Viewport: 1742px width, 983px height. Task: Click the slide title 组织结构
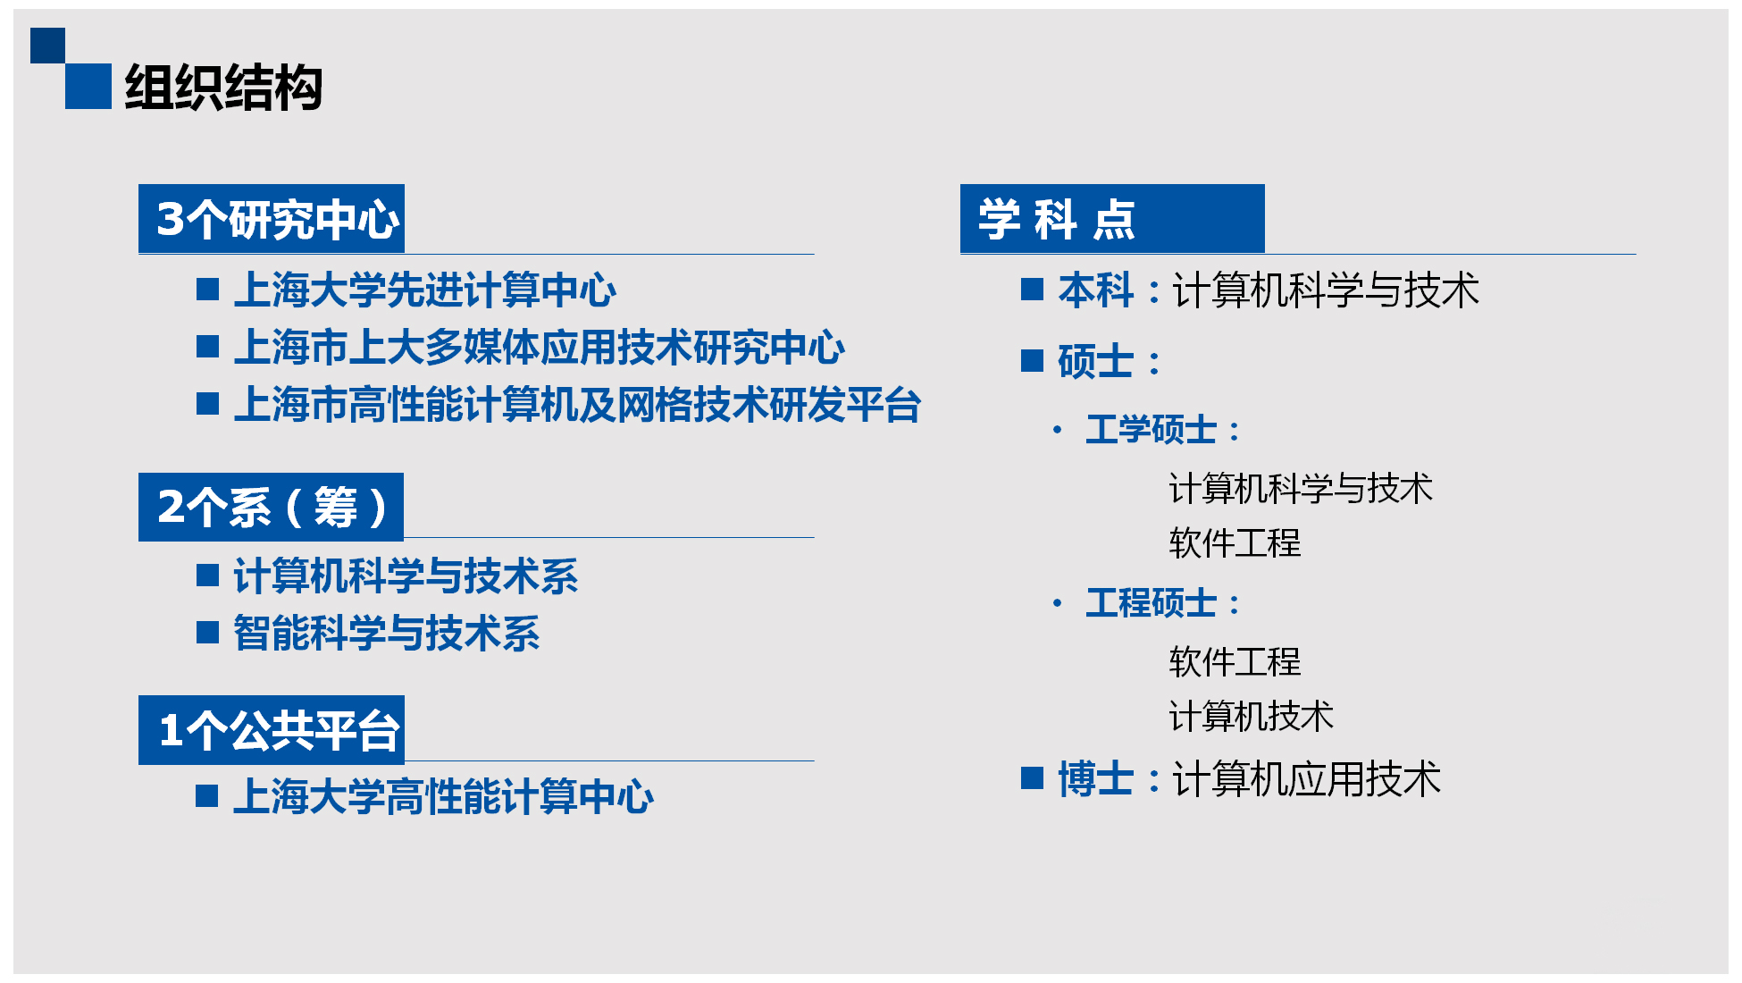pos(223,88)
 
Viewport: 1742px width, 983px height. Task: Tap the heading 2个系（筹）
pos(271,507)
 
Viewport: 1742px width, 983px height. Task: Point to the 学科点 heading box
pos(1112,219)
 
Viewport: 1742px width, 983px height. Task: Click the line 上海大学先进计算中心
pos(425,290)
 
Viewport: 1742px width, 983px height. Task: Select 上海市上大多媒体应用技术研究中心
pos(540,348)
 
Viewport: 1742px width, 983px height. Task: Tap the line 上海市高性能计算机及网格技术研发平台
pos(577,405)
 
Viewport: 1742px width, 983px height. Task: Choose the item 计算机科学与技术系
pos(406,576)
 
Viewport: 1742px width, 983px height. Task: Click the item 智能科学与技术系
pos(387,634)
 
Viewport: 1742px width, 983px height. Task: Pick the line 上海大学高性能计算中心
pos(444,796)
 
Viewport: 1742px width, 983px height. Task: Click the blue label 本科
pos(1096,290)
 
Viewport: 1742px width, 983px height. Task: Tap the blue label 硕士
pos(1096,362)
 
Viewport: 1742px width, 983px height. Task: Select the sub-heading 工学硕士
pos(1152,430)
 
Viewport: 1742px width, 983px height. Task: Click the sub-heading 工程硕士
pos(1152,603)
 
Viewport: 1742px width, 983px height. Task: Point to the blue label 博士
pos(1096,779)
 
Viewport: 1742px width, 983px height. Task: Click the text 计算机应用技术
pos(1307,779)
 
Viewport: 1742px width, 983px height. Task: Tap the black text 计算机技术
pos(1252,717)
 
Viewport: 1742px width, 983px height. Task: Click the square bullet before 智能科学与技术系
pos(207,633)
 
